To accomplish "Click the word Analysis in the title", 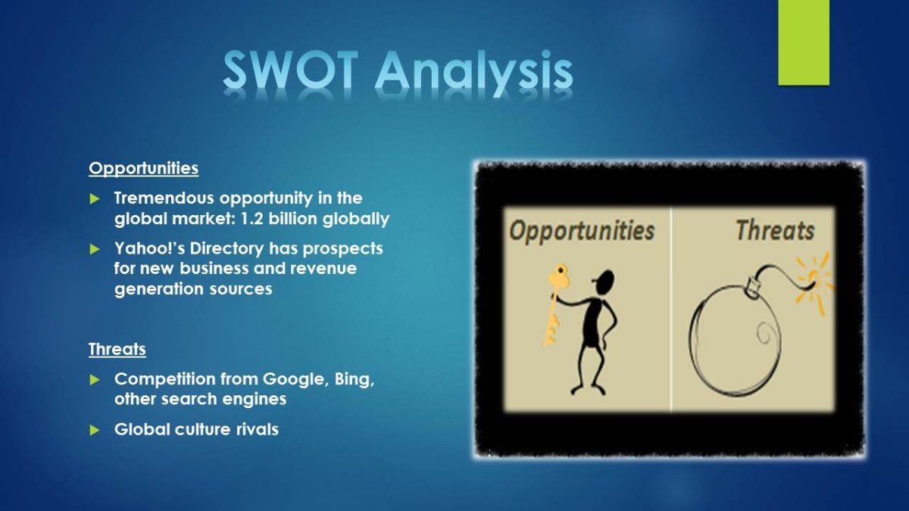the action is [475, 73].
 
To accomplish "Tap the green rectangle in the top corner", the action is [804, 42].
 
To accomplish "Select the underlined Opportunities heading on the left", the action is [144, 169].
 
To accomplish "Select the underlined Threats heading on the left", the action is [117, 349].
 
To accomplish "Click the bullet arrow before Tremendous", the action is [95, 198].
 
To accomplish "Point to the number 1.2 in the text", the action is [251, 219].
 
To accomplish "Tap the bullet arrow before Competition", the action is [95, 379].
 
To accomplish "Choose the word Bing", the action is [355, 380].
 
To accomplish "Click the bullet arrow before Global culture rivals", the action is [95, 430].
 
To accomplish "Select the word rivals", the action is [258, 429].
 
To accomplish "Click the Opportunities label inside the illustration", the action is [582, 231].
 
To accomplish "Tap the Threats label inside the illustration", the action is [775, 230].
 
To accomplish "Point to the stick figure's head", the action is [604, 281].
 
